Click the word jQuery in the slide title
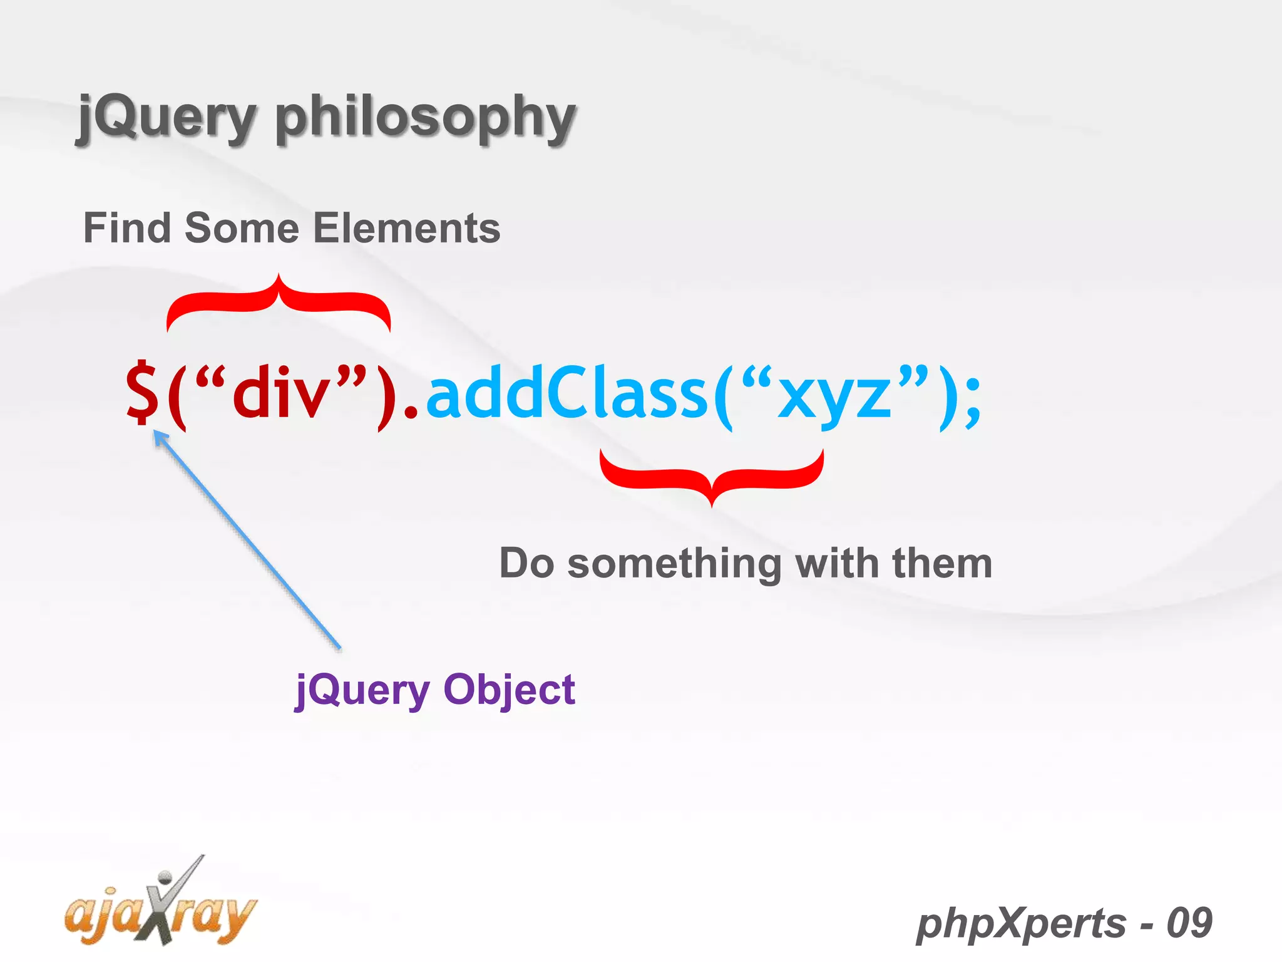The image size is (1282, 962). coord(166,117)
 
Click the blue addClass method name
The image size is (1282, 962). coord(567,395)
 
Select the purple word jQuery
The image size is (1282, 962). coord(362,690)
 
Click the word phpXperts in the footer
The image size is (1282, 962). coord(1020,923)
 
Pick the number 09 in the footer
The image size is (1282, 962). coord(1189,923)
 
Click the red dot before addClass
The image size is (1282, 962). coord(411,413)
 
